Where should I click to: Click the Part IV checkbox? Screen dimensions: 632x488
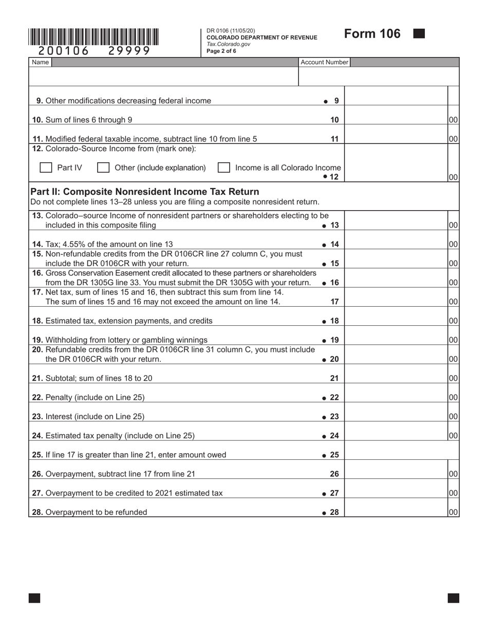(x=46, y=168)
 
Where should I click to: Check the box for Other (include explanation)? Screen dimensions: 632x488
(x=103, y=168)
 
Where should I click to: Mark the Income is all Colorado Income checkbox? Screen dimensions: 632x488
(x=223, y=168)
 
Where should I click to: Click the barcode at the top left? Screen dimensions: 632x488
(x=93, y=37)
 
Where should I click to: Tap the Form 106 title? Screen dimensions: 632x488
(x=372, y=34)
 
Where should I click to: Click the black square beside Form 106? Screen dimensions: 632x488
(x=419, y=34)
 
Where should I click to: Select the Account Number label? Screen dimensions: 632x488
(x=324, y=62)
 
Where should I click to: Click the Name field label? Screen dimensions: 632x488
(x=41, y=62)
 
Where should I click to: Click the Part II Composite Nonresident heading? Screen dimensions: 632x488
(x=145, y=192)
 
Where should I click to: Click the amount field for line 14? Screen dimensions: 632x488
(x=396, y=244)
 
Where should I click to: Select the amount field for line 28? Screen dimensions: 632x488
(x=396, y=512)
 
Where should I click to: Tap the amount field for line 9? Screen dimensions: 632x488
(x=396, y=101)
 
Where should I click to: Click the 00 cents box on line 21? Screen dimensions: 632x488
(x=453, y=378)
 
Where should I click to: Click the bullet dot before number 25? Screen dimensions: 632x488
(x=324, y=455)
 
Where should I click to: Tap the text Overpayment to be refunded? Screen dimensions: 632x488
(x=96, y=512)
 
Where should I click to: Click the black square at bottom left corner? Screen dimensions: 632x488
(x=34, y=598)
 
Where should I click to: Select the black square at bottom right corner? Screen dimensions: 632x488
(x=453, y=598)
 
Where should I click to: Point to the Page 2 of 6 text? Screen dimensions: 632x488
(x=221, y=51)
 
